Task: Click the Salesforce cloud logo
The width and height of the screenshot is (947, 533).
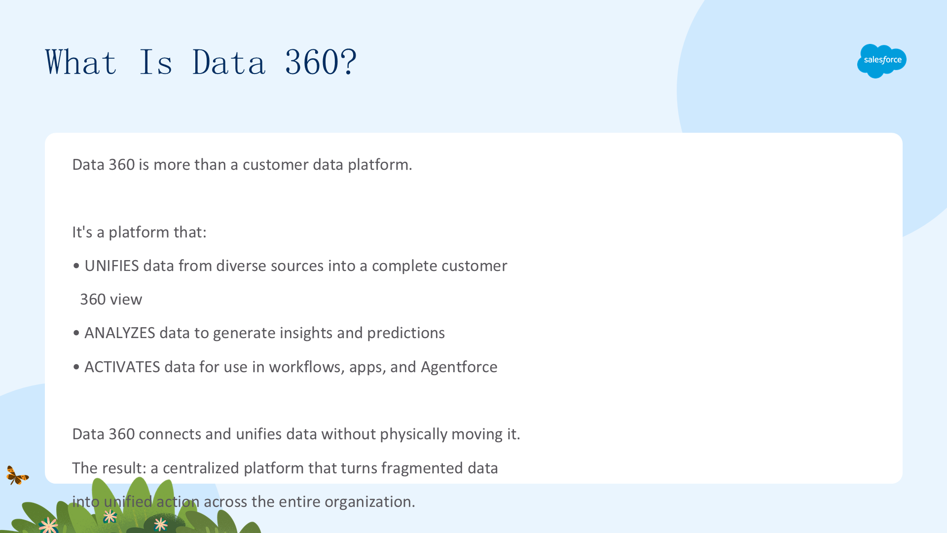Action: coord(881,61)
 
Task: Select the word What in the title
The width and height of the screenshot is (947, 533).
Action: coord(81,62)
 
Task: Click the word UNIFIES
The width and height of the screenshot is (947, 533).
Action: coord(112,266)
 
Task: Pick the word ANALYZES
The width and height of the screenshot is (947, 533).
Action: coord(120,333)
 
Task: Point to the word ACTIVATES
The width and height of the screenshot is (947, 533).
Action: coord(122,367)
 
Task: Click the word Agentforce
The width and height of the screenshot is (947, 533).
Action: coord(459,367)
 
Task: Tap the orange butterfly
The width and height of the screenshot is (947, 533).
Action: coord(17,475)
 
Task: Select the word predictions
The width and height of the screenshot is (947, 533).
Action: coord(406,333)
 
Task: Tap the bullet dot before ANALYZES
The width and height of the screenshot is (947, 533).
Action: coord(76,334)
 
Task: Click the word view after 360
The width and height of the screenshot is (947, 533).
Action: coord(126,300)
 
